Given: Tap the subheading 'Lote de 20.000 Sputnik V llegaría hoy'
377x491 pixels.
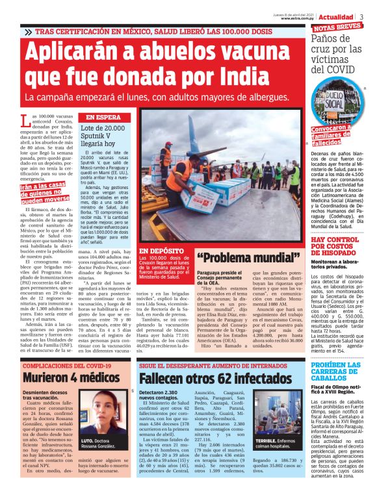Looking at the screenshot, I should (x=103, y=136).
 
